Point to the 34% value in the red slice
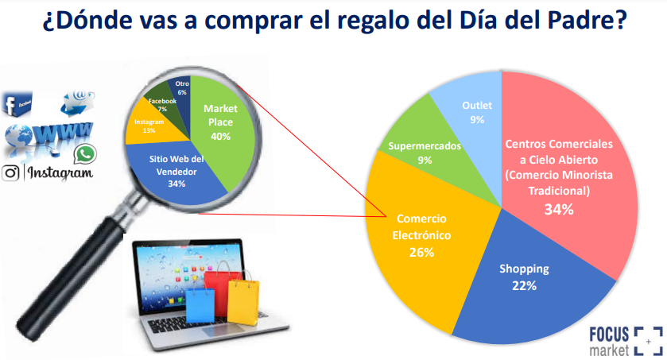pos(559,210)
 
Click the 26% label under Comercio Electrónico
pos(421,253)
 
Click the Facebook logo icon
pos(17,103)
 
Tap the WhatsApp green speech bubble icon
pos(85,154)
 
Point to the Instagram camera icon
pos(10,173)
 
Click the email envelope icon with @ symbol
pos(78,102)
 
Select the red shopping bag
pos(218,289)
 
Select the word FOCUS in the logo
pos(609,335)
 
